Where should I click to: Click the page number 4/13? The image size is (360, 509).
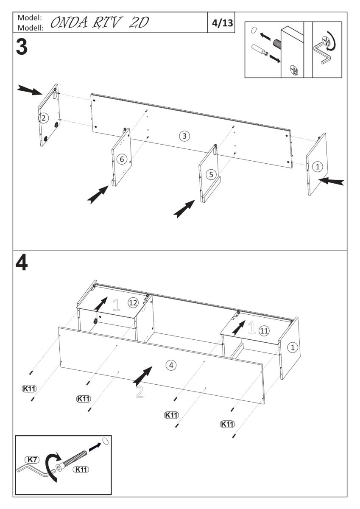[222, 22]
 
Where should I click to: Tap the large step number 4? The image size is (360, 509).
[22, 263]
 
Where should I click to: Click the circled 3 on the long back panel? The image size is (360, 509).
[184, 136]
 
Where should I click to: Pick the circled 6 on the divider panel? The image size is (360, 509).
[121, 159]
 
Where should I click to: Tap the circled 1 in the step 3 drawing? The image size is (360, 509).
[317, 167]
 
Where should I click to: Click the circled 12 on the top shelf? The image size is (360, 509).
[133, 302]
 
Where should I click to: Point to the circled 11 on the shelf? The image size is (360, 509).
[264, 331]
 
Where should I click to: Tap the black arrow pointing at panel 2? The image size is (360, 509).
[30, 89]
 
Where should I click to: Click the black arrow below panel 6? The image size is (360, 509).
[98, 194]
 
